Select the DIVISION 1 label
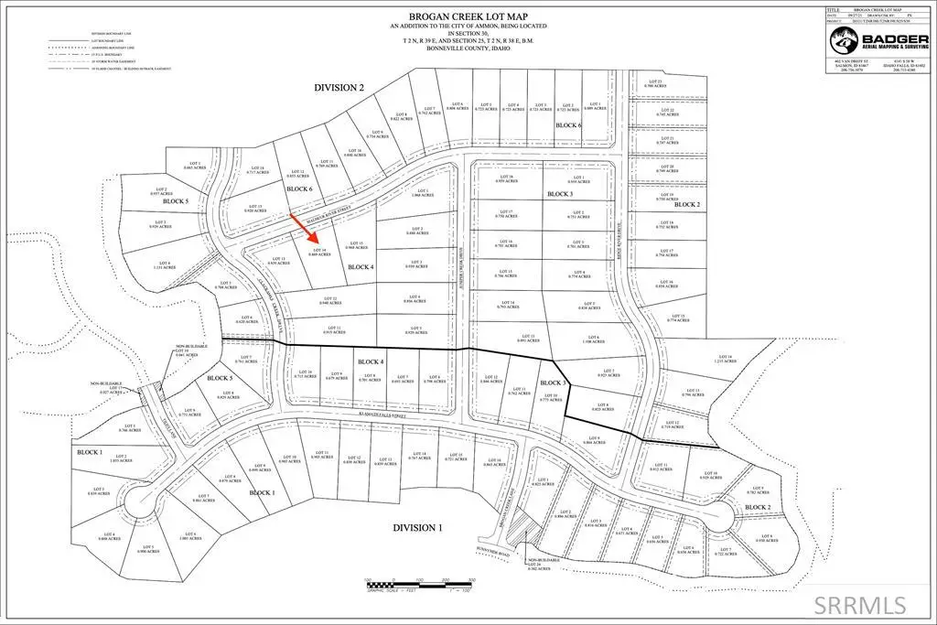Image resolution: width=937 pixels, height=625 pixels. point(417,528)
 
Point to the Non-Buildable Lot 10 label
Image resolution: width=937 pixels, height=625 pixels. point(187,350)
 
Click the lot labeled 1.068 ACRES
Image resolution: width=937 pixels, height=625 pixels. point(422,192)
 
